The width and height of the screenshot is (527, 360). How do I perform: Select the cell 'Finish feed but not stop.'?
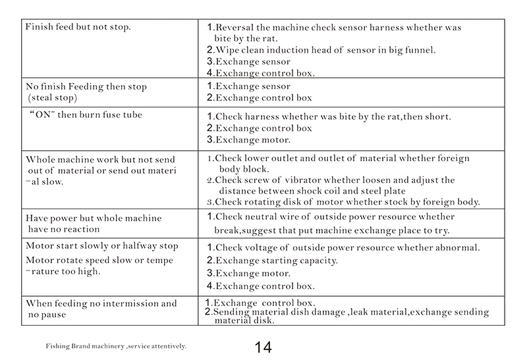(x=78, y=28)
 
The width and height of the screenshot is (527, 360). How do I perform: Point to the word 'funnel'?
(x=419, y=50)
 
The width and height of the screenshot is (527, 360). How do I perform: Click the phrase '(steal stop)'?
(x=53, y=98)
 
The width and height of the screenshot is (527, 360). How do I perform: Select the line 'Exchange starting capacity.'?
(x=277, y=261)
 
